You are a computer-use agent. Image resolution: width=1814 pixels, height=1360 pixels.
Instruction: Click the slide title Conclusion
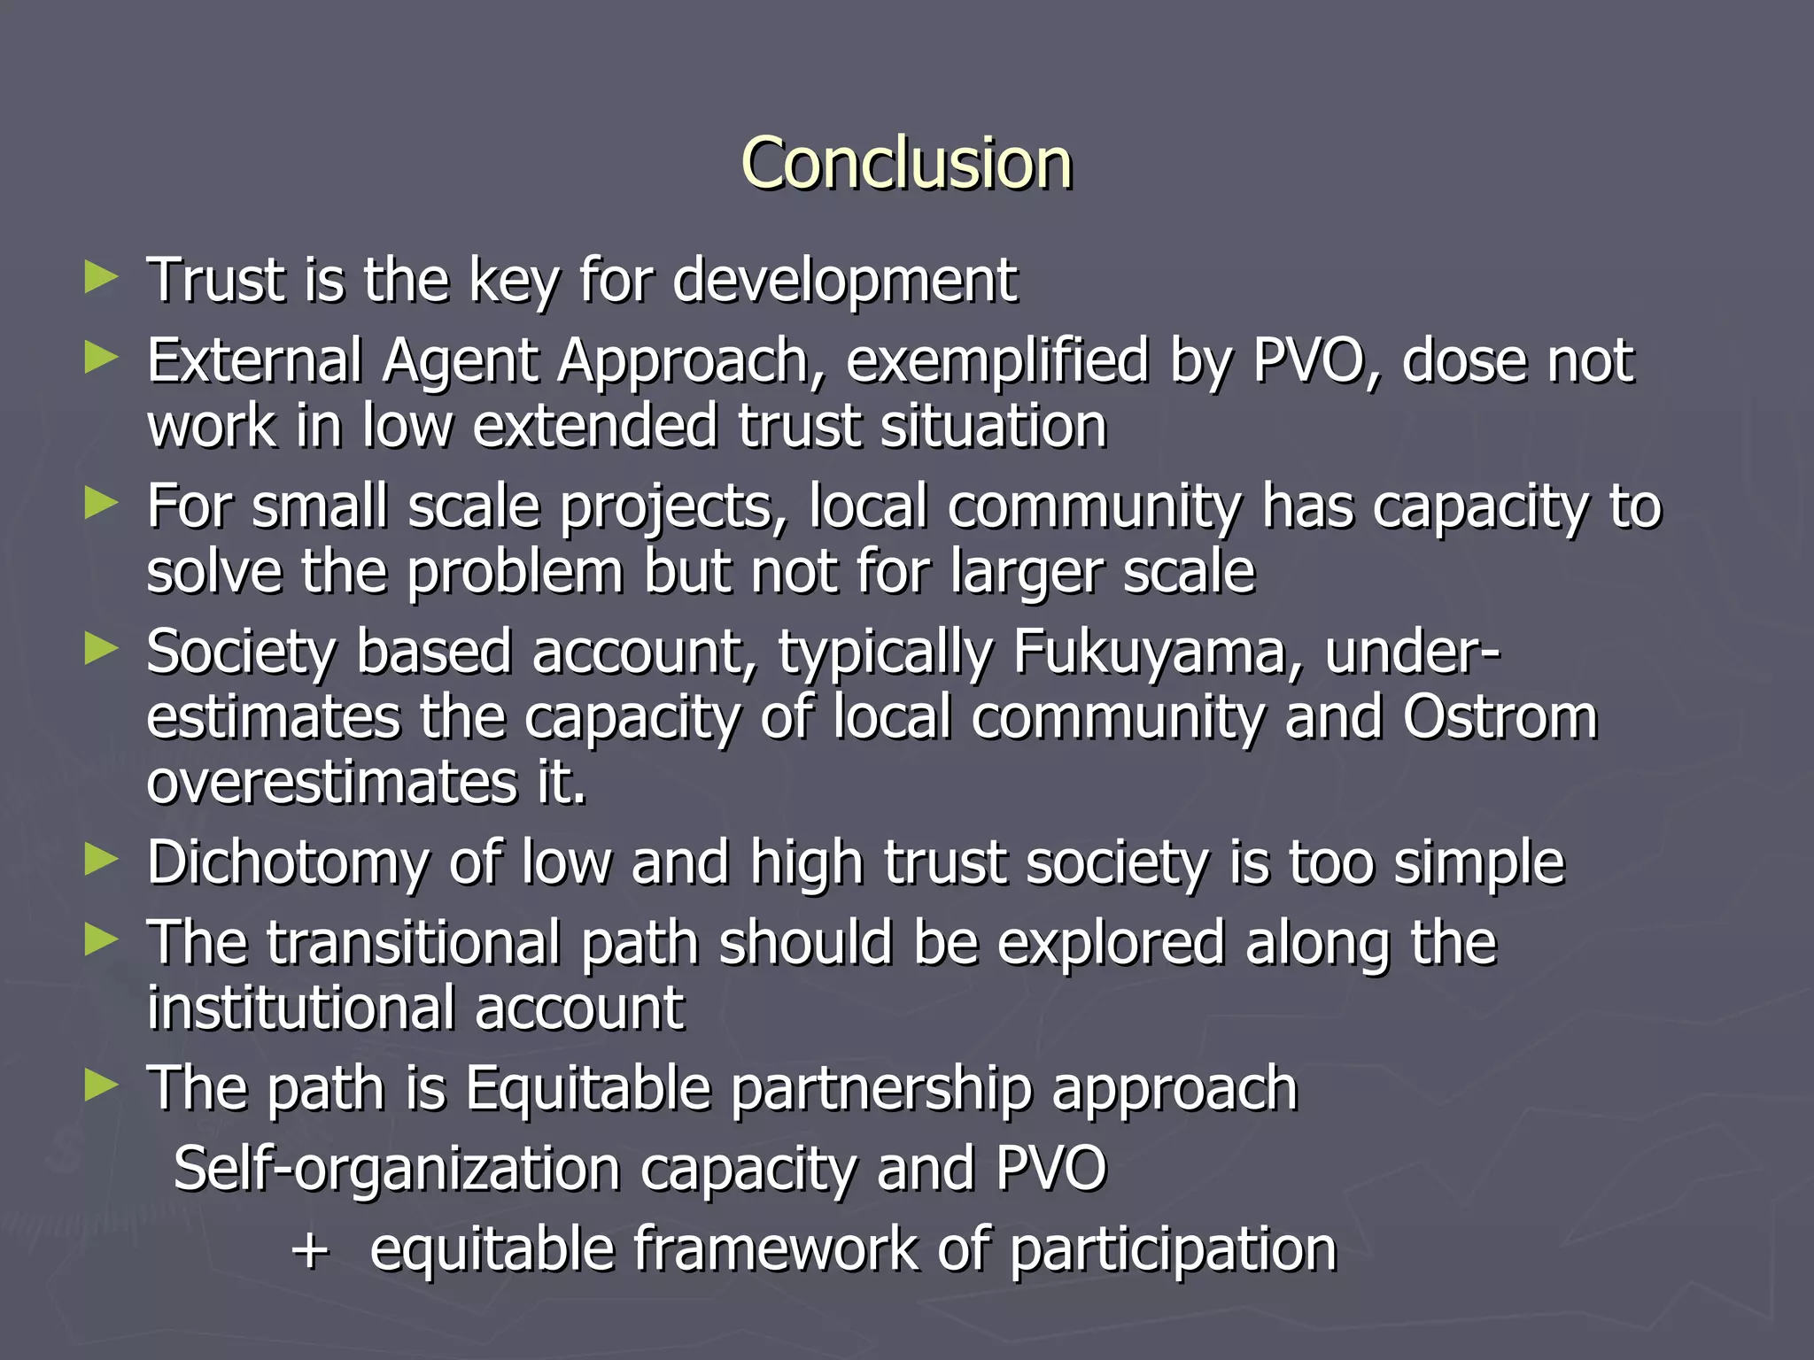point(906,164)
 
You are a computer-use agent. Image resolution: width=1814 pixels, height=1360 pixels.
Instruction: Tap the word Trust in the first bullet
point(219,280)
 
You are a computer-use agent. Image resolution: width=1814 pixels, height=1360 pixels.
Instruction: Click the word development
point(844,280)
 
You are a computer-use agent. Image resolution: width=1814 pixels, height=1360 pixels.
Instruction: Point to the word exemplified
point(996,362)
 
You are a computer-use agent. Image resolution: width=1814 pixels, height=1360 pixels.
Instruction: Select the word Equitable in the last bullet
point(588,1088)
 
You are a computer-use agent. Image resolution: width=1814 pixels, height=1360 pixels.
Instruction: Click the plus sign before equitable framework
point(311,1250)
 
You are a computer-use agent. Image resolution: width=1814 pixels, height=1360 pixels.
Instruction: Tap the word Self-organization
point(397,1169)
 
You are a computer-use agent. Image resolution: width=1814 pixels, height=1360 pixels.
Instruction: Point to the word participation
point(1172,1250)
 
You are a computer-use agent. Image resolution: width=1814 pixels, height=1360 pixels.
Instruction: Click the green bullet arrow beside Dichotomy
point(101,860)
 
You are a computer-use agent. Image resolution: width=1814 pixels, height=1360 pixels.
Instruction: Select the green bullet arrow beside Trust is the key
point(101,277)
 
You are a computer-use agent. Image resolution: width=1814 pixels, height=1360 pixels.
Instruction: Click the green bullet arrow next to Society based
point(101,649)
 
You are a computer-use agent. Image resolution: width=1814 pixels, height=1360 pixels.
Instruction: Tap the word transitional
point(413,942)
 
